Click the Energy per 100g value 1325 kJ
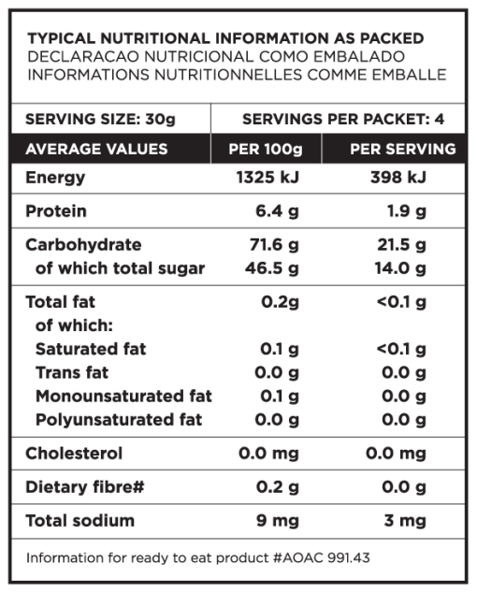pyautogui.click(x=267, y=177)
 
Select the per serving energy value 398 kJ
pyautogui.click(x=398, y=177)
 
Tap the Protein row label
pyautogui.click(x=56, y=211)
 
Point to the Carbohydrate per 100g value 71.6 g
pyautogui.click(x=274, y=245)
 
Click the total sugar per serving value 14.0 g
pyautogui.click(x=400, y=268)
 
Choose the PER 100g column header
pyautogui.click(x=266, y=149)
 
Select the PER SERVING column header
pyautogui.click(x=403, y=149)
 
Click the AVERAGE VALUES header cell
pyautogui.click(x=96, y=149)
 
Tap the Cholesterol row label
pyautogui.click(x=74, y=454)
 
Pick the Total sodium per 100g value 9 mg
pyautogui.click(x=278, y=521)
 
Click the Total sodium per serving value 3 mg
pyautogui.click(x=405, y=521)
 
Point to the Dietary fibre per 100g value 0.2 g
pyautogui.click(x=278, y=487)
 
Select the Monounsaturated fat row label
pyautogui.click(x=123, y=397)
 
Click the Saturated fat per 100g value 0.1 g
pyautogui.click(x=280, y=349)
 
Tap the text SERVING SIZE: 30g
pyautogui.click(x=100, y=120)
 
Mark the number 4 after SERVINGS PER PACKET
pyautogui.click(x=440, y=120)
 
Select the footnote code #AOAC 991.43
pyautogui.click(x=321, y=557)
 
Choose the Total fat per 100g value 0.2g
pyautogui.click(x=280, y=302)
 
